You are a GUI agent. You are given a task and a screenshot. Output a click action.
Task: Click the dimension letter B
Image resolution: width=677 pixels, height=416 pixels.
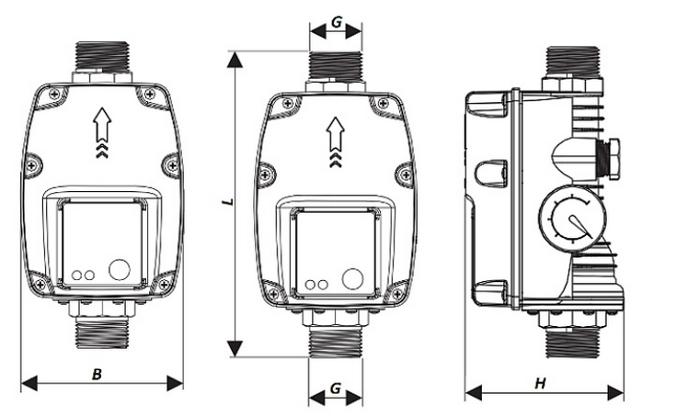click(98, 374)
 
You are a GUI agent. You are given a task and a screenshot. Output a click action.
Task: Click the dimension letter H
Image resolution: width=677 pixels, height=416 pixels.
click(541, 383)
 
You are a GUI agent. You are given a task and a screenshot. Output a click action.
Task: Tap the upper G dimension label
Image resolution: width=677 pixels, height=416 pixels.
click(337, 22)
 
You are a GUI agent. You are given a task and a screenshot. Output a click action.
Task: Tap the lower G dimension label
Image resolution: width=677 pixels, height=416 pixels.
click(336, 388)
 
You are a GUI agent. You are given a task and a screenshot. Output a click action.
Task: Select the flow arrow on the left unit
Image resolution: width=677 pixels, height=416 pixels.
click(102, 132)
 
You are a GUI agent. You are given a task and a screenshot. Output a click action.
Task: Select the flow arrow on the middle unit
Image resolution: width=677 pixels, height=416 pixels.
click(336, 141)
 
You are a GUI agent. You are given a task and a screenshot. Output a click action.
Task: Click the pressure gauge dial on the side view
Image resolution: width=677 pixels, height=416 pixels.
click(571, 219)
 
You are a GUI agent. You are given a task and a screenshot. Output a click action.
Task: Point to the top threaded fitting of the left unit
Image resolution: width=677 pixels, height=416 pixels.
click(102, 56)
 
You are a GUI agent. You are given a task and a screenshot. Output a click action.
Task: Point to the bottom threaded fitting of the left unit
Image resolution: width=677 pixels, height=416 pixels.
click(102, 333)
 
